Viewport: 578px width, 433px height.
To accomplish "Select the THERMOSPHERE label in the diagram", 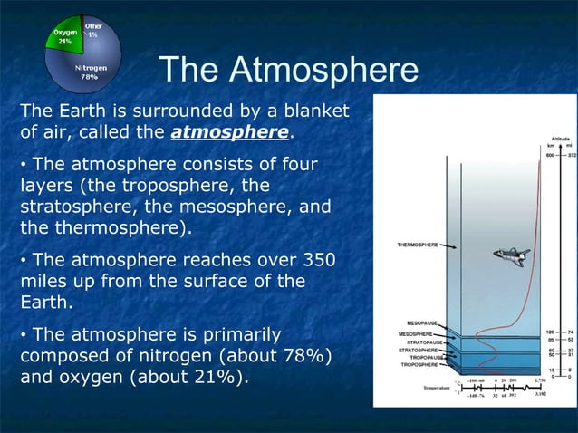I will pyautogui.click(x=419, y=245).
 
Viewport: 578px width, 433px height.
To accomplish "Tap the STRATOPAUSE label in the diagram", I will pyautogui.click(x=424, y=342).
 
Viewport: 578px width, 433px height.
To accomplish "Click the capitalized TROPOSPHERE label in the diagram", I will pyautogui.click(x=420, y=365).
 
